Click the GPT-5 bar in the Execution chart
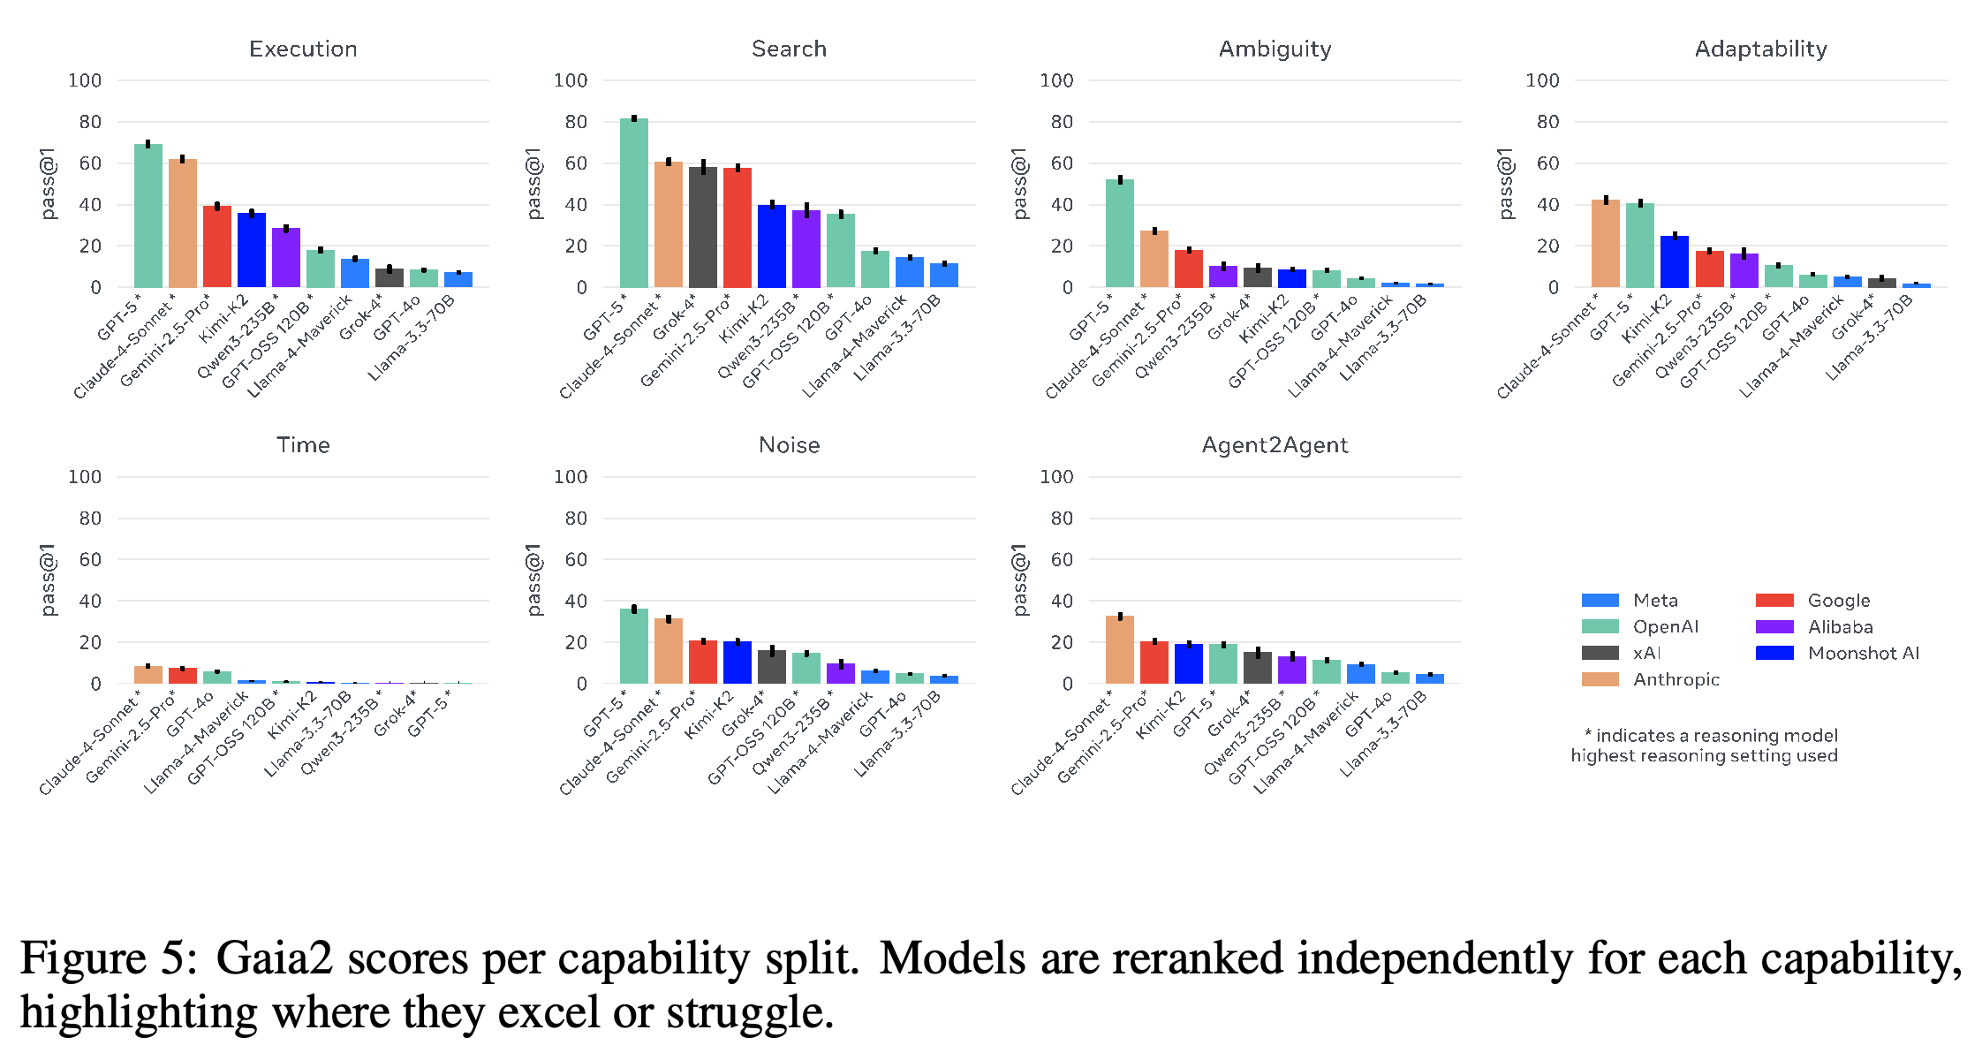148,216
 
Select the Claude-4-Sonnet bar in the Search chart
669,224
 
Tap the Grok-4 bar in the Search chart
703,227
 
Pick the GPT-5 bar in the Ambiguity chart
1120,233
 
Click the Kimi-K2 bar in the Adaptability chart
1675,261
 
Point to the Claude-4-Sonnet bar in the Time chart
148,675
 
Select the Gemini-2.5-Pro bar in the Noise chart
703,662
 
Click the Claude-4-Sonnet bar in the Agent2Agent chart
1120,650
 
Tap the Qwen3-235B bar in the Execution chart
286,258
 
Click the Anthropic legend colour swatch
1600,679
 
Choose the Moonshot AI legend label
1864,653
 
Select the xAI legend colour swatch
1600,653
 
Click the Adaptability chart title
1761,49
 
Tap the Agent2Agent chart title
1275,445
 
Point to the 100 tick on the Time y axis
85,477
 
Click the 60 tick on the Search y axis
576,163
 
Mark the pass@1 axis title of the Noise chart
533,579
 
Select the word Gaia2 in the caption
275,959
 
